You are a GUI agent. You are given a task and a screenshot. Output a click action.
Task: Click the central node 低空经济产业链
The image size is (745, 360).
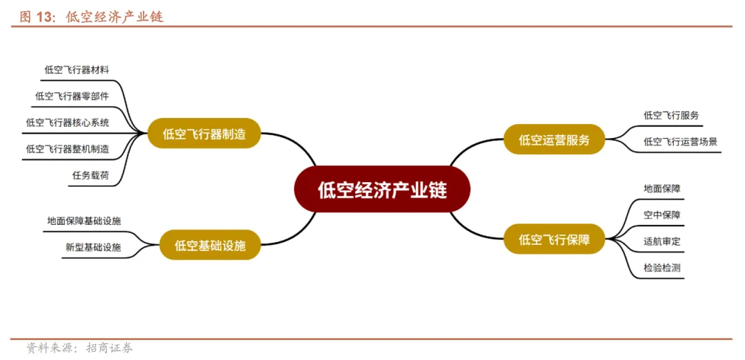tap(382, 190)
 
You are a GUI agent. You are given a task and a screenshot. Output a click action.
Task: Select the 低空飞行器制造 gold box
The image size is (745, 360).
tap(204, 134)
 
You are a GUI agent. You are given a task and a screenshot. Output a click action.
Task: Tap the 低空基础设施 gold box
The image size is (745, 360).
tap(210, 245)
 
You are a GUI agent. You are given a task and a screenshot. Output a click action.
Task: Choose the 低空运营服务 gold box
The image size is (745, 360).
tap(555, 140)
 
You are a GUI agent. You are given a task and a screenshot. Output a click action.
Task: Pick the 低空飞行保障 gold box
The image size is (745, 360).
tap(555, 239)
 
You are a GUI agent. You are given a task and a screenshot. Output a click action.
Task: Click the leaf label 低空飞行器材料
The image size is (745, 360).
tap(77, 70)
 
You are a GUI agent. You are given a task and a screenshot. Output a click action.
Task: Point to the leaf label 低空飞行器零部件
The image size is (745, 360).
tap(72, 96)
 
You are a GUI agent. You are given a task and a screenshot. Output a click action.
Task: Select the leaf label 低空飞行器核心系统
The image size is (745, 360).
tap(67, 122)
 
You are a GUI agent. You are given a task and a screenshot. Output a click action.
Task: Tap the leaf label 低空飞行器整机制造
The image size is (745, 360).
tap(67, 148)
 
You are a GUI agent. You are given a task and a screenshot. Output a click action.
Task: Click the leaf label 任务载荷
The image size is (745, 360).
tap(90, 175)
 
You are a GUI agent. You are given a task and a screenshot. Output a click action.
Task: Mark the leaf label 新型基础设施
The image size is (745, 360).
tap(93, 247)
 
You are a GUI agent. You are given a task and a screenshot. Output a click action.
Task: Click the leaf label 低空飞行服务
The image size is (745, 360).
tap(670, 115)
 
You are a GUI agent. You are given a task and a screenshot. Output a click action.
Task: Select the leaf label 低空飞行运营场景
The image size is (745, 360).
tap(680, 141)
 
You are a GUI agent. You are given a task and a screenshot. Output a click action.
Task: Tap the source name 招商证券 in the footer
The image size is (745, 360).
tap(110, 348)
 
